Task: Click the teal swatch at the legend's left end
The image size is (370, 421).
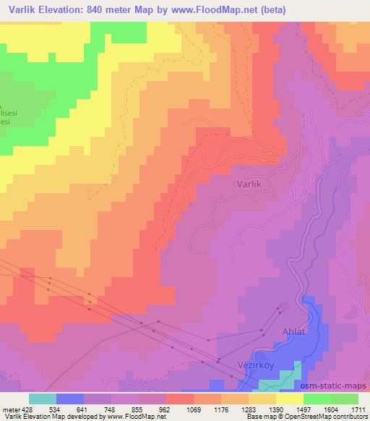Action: coord(43,399)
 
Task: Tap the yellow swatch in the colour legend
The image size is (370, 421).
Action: coord(290,399)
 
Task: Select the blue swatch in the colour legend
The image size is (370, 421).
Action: coord(70,399)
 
